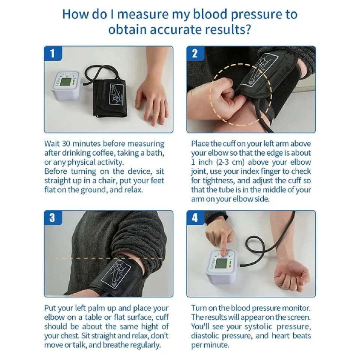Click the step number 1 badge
(x=52, y=54)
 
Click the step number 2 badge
(x=195, y=54)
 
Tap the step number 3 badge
(x=52, y=218)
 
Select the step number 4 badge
(x=195, y=218)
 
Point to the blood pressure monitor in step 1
(x=66, y=85)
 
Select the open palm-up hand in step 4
(x=291, y=276)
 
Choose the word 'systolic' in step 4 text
(x=243, y=326)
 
